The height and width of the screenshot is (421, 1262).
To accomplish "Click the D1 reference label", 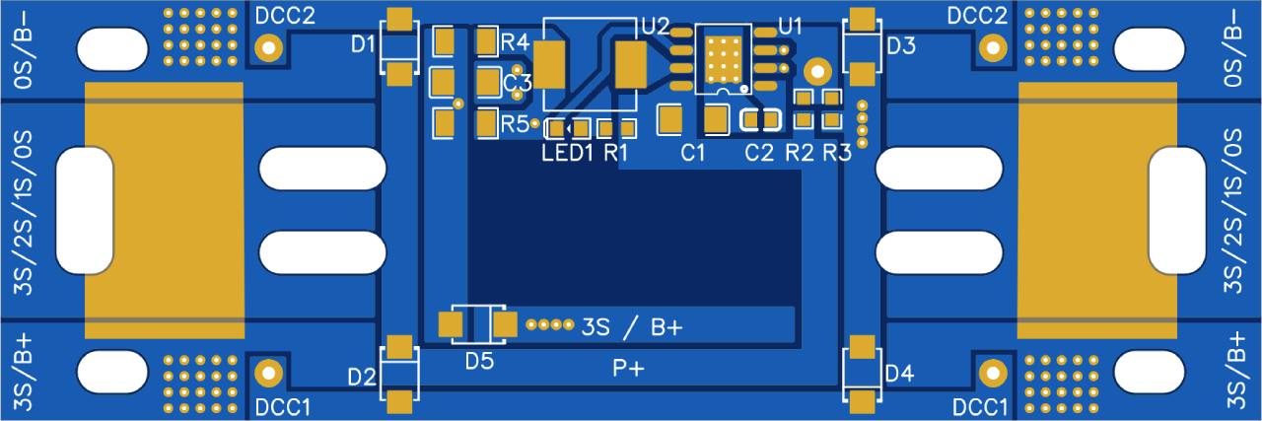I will (x=363, y=43).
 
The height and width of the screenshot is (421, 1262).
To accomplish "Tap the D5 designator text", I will (x=479, y=362).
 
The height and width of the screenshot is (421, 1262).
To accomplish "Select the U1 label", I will (x=791, y=25).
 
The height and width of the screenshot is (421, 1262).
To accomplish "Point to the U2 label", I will (x=655, y=25).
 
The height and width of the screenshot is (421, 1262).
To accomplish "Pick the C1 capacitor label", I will (x=694, y=153).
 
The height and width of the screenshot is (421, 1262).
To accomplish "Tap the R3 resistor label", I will (x=836, y=153).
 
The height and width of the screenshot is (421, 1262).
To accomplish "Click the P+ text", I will (x=628, y=369).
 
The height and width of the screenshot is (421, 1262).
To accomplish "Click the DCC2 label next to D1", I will (x=285, y=17).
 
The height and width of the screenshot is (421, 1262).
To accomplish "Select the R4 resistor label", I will (x=515, y=42).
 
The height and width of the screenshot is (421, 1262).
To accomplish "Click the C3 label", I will (x=519, y=84).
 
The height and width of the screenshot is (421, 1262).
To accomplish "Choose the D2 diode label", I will (x=362, y=377).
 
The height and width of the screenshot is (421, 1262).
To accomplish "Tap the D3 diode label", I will (x=901, y=45).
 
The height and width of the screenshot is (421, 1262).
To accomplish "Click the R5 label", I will (x=515, y=124).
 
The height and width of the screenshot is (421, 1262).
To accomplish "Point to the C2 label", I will (x=759, y=153).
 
